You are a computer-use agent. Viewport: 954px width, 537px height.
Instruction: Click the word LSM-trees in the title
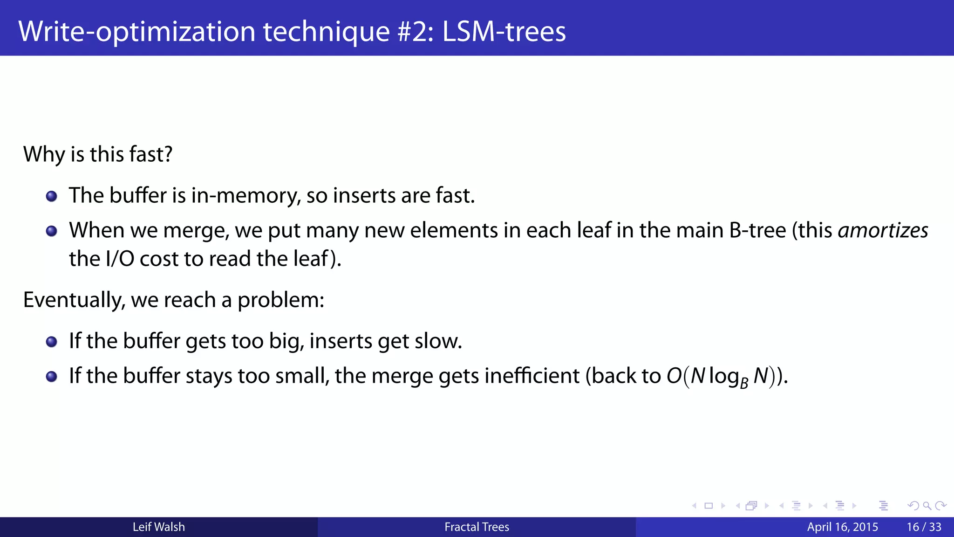point(504,31)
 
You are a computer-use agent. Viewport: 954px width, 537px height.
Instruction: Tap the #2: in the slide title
point(416,31)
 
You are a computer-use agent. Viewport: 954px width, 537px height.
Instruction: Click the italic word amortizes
point(883,230)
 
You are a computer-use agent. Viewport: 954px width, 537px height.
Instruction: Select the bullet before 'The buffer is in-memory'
point(52,196)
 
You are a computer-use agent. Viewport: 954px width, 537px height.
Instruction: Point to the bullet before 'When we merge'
point(52,231)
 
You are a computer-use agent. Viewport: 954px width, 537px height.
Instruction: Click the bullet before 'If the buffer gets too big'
point(52,342)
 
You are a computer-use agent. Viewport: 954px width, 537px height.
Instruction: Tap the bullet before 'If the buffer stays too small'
point(52,377)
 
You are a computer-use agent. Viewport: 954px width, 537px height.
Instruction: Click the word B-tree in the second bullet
point(757,230)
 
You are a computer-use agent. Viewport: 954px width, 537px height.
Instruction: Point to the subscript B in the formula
point(744,383)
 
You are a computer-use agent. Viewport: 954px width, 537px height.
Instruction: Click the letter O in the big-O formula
point(674,376)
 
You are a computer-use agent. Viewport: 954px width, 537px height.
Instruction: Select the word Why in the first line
point(44,154)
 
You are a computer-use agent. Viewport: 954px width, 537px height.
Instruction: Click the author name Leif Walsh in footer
point(158,527)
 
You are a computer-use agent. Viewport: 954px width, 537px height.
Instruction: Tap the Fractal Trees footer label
point(477,527)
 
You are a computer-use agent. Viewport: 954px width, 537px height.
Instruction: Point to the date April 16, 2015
point(842,527)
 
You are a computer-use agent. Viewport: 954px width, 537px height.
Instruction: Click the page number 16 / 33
point(924,527)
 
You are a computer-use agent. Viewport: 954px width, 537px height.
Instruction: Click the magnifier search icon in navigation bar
point(927,506)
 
